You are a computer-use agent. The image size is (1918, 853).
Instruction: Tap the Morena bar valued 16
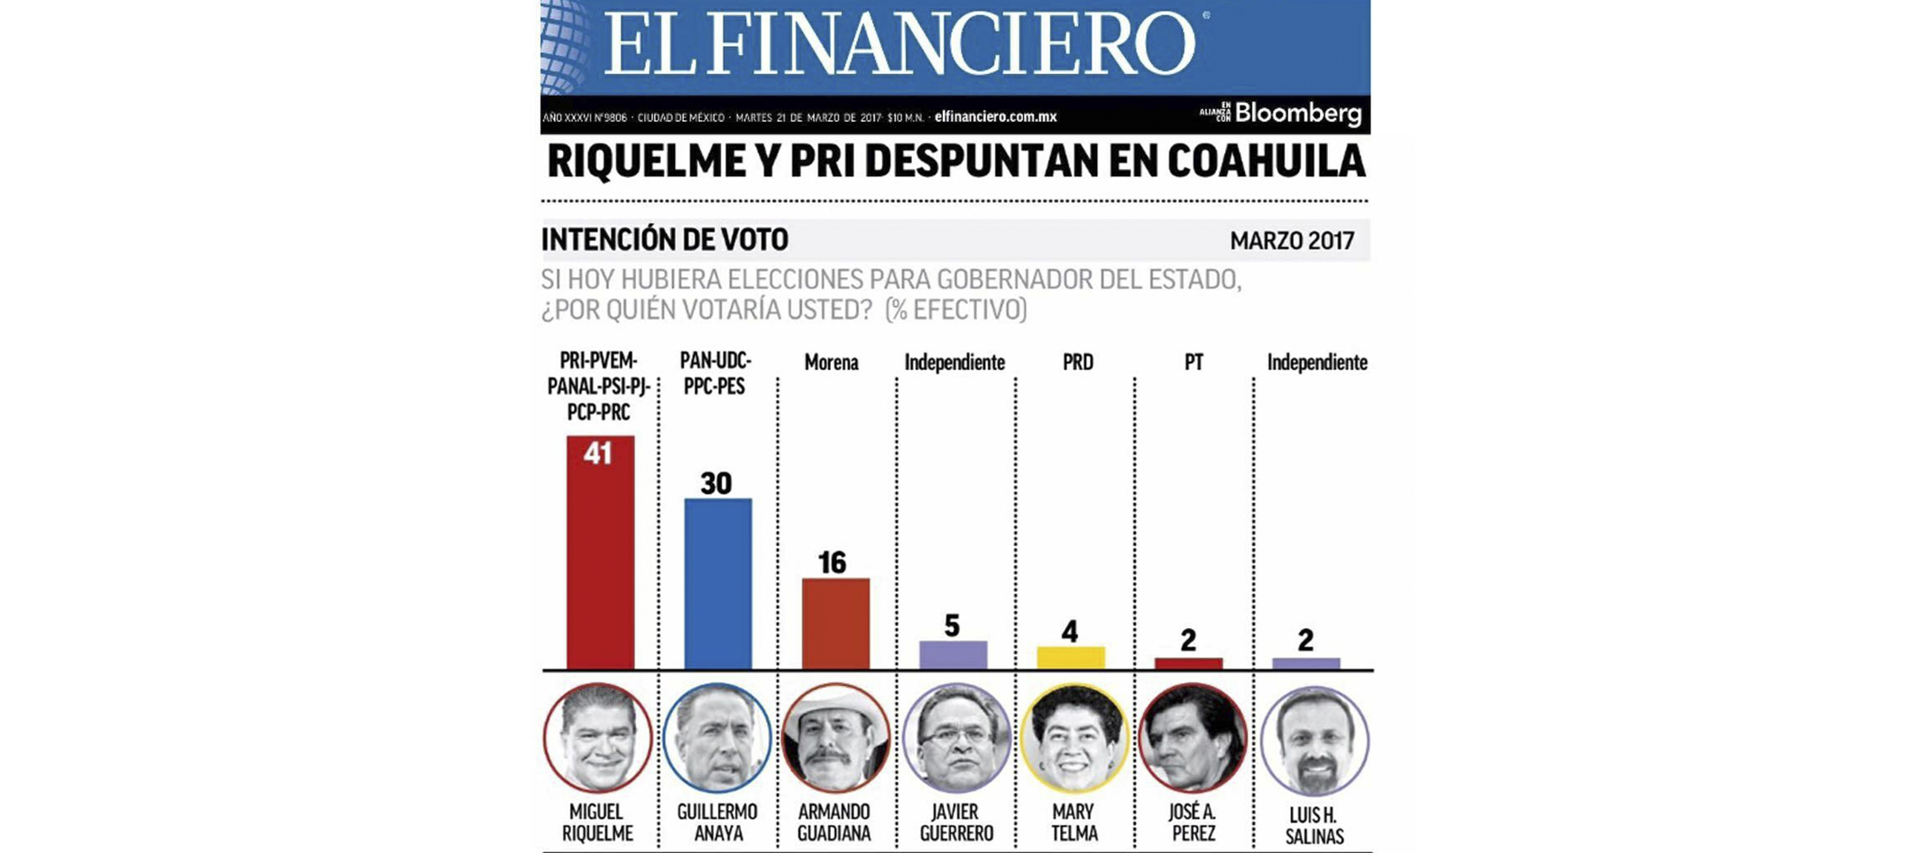[x=835, y=624]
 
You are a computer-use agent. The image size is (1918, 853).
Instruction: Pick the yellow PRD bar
[x=1070, y=658]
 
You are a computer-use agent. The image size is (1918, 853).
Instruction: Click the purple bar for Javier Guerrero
[x=953, y=655]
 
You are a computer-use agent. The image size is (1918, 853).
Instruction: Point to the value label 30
[x=716, y=484]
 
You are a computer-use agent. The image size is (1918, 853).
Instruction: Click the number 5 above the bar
[x=952, y=626]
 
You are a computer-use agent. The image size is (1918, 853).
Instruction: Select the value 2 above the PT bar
[x=1188, y=640]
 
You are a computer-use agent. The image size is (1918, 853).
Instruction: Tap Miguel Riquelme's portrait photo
[x=597, y=738]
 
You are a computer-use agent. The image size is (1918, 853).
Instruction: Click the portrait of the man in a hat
[x=835, y=738]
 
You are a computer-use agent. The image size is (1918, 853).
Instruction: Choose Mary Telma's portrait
[x=1074, y=738]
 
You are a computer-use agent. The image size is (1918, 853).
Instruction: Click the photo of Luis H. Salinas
[x=1314, y=741]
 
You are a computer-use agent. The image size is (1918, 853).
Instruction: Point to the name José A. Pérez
[x=1193, y=822]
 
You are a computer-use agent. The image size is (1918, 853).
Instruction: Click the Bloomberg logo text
[x=1297, y=114]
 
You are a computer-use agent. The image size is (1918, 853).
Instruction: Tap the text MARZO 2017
[x=1292, y=241]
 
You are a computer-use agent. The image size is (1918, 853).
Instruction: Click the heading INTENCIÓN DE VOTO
[x=665, y=240]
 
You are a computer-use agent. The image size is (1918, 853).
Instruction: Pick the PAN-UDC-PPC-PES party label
[x=715, y=374]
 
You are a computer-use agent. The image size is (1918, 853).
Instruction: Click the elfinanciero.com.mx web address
[x=995, y=116]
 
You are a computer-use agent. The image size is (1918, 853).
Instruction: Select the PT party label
[x=1193, y=363]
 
